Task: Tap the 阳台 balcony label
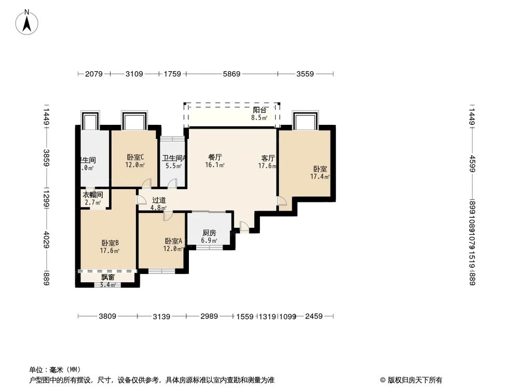(259, 110)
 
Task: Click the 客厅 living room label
(268, 158)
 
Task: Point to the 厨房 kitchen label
(209, 233)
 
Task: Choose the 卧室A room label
(173, 241)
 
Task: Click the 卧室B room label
(110, 243)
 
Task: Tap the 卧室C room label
(135, 157)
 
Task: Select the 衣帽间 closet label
(93, 195)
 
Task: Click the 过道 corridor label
(159, 200)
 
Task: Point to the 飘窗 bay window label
(107, 278)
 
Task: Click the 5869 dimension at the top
(231, 74)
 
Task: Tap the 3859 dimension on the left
(46, 158)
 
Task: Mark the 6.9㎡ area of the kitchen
(209, 241)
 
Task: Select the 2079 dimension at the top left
(93, 74)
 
